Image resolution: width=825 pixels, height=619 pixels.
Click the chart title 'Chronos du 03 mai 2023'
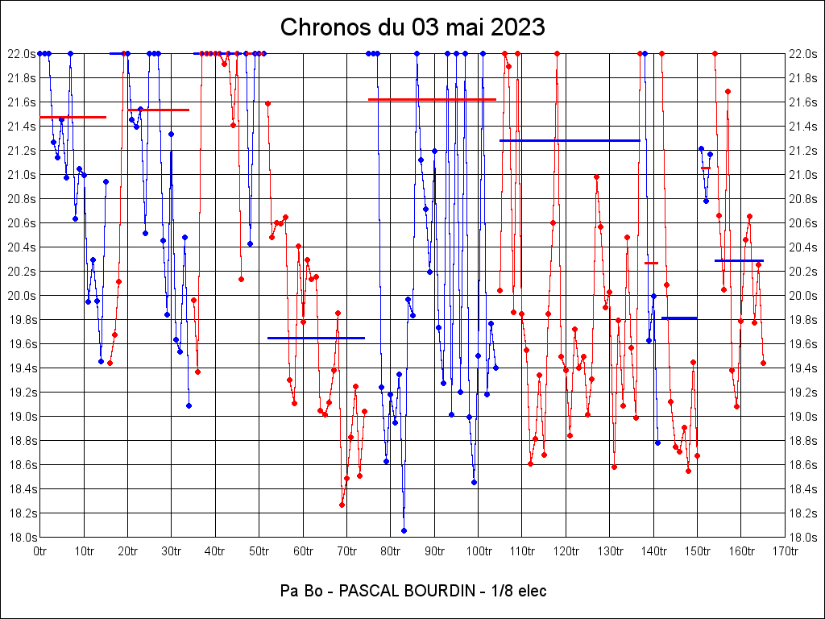point(412,27)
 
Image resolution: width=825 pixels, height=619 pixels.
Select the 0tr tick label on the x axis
point(40,552)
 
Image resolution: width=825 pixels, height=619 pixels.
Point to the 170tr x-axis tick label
point(786,552)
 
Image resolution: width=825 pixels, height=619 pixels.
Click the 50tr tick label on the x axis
point(259,552)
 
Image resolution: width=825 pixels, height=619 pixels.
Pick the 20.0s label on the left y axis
point(22,296)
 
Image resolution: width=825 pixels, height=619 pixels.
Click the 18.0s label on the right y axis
point(803,538)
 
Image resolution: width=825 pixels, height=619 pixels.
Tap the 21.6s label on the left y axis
point(22,102)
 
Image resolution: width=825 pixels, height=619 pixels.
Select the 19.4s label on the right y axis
point(803,368)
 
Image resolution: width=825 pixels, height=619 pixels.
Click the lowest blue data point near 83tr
point(404,530)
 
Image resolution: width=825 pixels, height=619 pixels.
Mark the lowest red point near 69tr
point(342,505)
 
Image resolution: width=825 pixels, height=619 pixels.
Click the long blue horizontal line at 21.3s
point(570,140)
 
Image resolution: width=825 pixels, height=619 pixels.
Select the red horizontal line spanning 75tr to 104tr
point(432,99)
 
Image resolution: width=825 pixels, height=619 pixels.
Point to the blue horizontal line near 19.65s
point(316,338)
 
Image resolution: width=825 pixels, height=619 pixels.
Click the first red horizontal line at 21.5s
point(73,117)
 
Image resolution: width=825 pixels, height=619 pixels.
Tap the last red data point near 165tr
point(763,364)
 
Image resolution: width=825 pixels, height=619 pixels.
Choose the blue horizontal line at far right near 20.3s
point(739,260)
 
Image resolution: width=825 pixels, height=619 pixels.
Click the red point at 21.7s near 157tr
point(728,91)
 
